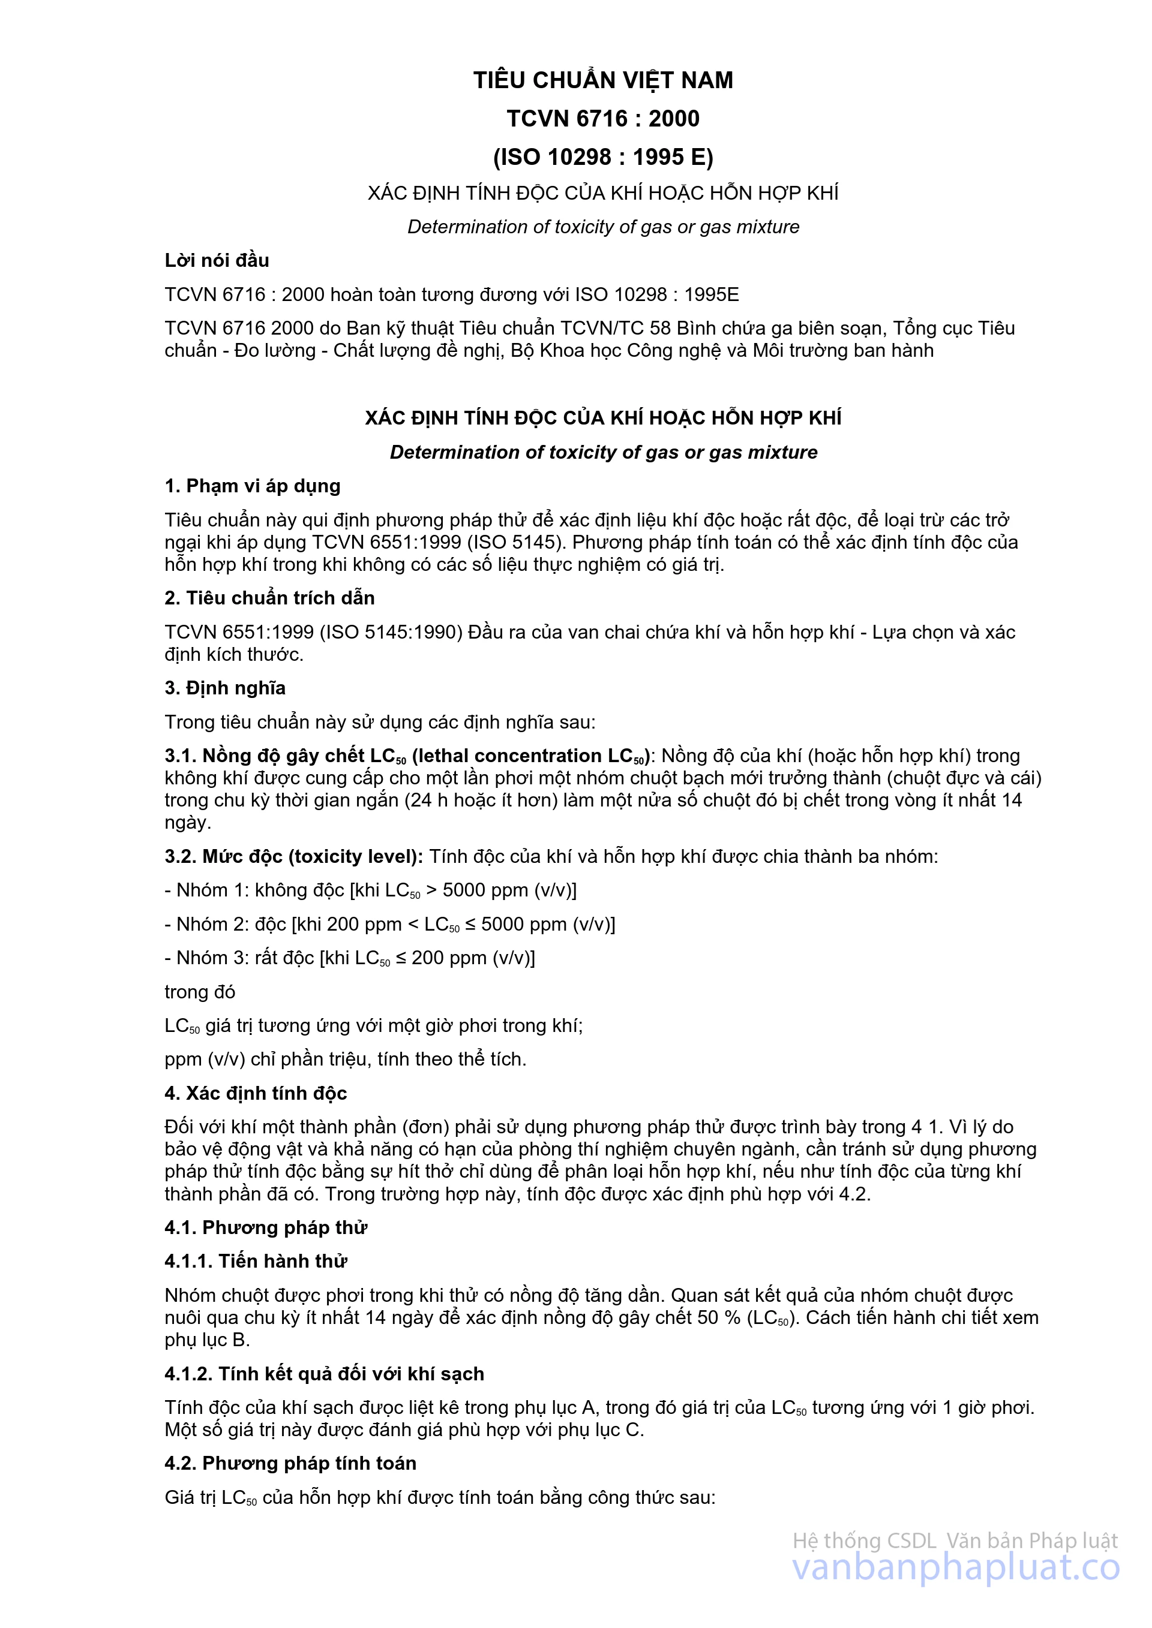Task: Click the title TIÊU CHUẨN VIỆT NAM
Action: pos(603,80)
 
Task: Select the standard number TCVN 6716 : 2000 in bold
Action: pos(603,118)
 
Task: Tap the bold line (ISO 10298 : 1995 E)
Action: pos(603,157)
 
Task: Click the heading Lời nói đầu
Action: pos(217,260)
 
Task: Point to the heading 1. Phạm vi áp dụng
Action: pos(253,486)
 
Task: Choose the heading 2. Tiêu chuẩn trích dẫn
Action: pos(269,598)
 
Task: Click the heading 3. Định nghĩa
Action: pos(225,688)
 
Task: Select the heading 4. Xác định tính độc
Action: pos(256,1093)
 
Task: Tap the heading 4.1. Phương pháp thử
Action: pos(266,1227)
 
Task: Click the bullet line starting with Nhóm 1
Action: pos(370,890)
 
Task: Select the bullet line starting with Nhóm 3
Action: pos(350,958)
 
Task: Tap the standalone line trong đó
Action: pos(199,992)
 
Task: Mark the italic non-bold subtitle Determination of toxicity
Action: pos(603,227)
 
